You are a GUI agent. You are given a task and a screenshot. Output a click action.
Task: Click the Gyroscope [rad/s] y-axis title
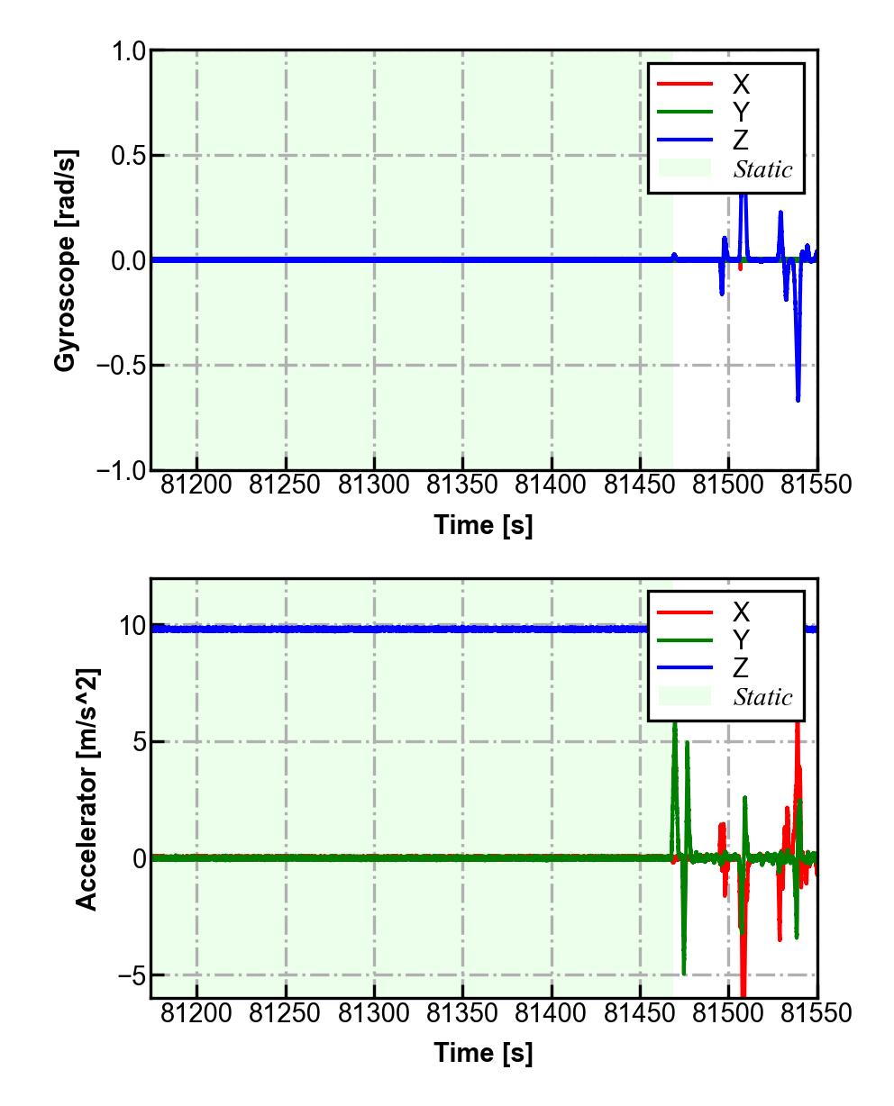click(66, 260)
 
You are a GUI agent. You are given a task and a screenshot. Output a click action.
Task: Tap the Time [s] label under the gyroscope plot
click(483, 525)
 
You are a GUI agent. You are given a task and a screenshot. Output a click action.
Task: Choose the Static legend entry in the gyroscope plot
click(762, 169)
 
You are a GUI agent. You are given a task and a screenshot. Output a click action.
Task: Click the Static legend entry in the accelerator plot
click(762, 697)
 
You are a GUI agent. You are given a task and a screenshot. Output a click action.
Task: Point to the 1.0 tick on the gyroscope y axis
click(128, 51)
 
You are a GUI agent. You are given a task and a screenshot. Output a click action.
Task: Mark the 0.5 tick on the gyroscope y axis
click(128, 156)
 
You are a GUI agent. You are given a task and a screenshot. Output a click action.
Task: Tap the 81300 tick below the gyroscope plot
click(374, 485)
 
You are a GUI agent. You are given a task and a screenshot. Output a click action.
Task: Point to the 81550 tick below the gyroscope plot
click(816, 485)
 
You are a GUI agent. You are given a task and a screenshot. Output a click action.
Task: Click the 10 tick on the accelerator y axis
click(132, 626)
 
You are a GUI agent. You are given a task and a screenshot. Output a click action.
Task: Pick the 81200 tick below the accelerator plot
click(196, 1013)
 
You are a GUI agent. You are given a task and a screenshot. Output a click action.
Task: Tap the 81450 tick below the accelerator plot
click(639, 1013)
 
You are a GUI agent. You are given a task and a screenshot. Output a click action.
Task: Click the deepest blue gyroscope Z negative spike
click(798, 399)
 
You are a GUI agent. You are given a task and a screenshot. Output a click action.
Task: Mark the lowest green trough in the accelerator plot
click(684, 974)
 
